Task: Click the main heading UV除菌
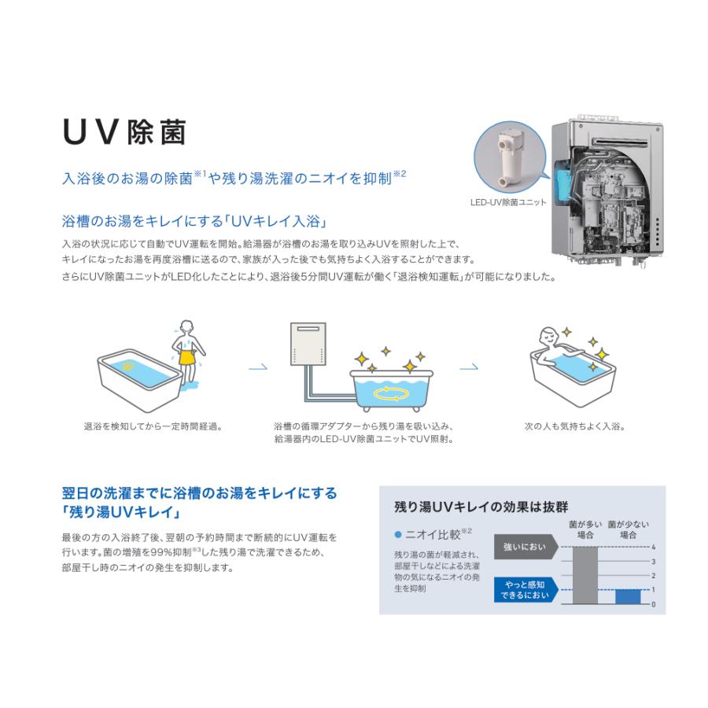pos(124,132)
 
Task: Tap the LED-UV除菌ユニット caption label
pos(508,202)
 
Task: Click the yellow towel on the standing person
pos(187,356)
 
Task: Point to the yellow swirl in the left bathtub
pos(128,366)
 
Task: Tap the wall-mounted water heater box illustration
pos(308,344)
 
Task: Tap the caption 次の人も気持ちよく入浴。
pos(574,426)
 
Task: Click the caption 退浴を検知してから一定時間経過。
pos(153,426)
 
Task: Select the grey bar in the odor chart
pos(585,575)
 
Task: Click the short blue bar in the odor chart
pos(628,597)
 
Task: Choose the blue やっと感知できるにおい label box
pos(526,590)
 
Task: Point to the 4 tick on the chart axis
pos(653,548)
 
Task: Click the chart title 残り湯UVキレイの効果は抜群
pos(481,507)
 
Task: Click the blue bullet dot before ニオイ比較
pos(398,535)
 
